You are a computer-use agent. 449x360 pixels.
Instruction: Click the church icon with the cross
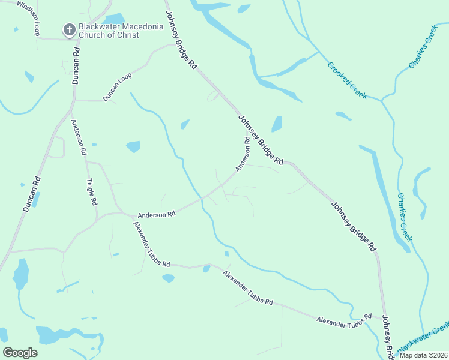tap(69, 29)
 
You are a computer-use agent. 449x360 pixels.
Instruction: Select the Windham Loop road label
tap(29, 18)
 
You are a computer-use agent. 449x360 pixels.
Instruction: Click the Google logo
tap(20, 353)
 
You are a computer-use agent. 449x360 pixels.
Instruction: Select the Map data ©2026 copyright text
tap(423, 355)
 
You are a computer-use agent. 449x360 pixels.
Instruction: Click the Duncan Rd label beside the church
tap(76, 61)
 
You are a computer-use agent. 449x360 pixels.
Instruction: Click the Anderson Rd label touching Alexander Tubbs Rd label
tap(156, 214)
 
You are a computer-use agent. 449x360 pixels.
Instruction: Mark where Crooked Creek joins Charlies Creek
tap(381, 99)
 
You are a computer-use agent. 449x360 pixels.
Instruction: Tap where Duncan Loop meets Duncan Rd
tap(74, 100)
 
